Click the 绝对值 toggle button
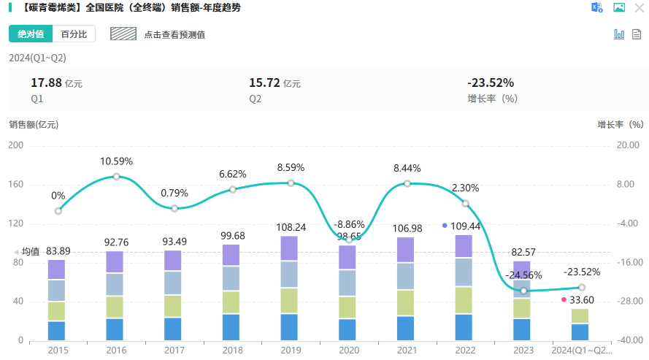31,34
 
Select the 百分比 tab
74,34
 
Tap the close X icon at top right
640,8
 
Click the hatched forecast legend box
123,34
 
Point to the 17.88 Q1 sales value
46,83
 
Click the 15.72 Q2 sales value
265,83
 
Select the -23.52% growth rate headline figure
491,83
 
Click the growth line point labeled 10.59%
116,177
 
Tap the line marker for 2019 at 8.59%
291,183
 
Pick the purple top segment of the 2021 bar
406,250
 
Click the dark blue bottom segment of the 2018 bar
231,327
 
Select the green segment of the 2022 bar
464,300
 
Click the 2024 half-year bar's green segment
580,316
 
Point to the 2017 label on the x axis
174,351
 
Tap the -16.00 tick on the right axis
629,263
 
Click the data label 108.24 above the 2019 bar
291,227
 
